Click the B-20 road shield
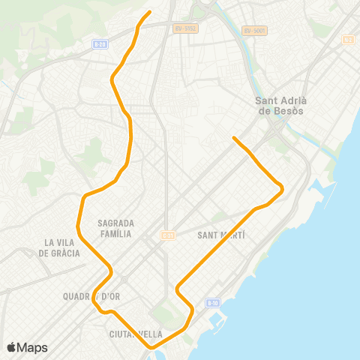(100, 44)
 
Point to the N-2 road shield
(347, 39)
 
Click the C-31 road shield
(168, 235)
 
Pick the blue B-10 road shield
(213, 302)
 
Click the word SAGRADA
(116, 223)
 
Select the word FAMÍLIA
(115, 234)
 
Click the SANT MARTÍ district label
(221, 235)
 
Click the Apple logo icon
(12, 347)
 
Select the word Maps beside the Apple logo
(32, 347)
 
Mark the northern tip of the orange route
(151, 11)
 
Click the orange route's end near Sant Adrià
(234, 138)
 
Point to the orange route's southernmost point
(154, 348)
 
